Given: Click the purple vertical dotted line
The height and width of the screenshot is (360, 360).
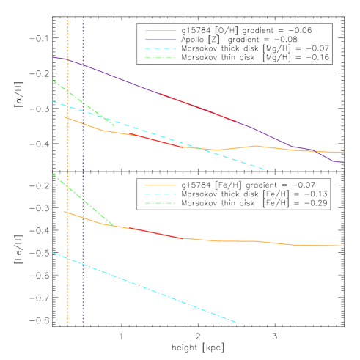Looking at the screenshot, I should point(83,220).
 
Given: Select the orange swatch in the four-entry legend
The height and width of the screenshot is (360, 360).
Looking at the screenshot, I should point(161,31).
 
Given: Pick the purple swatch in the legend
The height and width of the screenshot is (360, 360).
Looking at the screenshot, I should point(161,40).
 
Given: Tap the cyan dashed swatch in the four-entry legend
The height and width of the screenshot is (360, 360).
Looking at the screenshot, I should point(161,48).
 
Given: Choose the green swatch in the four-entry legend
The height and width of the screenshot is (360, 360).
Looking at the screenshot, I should point(161,57).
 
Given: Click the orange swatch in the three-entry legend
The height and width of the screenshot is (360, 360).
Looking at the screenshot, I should point(161,185).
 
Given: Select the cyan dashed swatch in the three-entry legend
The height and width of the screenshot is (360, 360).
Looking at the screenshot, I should point(161,194).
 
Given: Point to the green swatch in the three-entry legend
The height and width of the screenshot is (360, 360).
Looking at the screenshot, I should point(161,203).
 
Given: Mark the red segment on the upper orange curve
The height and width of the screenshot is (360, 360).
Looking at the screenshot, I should point(158,140).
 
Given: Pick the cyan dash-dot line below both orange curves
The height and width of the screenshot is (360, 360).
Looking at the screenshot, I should point(147,287).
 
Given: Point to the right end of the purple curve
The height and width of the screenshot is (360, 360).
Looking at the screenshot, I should point(343,162).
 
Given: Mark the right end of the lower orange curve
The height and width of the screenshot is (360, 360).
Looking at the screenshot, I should point(343,246).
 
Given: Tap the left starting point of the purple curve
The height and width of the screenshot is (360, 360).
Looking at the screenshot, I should point(53,56).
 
